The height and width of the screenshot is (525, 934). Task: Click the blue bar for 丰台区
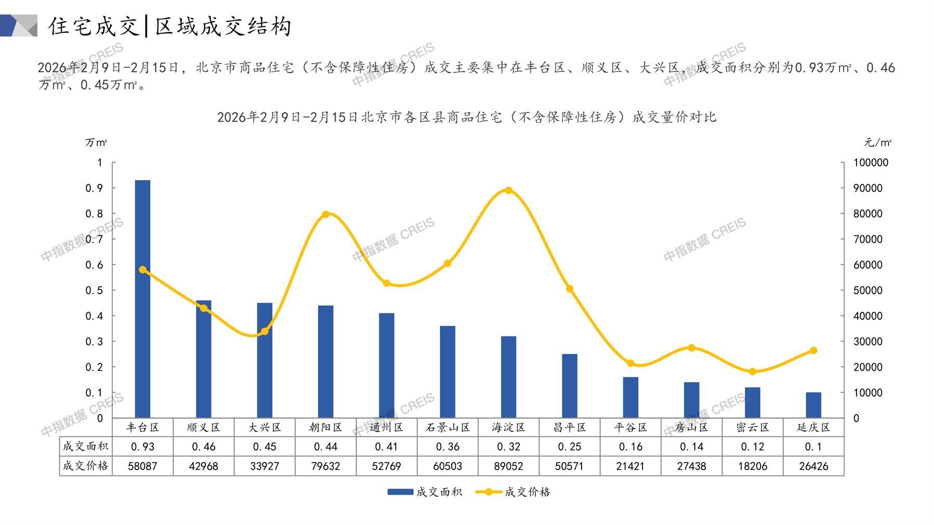(142, 299)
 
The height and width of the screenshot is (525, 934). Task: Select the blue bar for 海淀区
(508, 377)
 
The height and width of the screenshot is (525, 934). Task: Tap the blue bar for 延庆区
(813, 405)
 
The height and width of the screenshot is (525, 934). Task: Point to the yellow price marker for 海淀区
(508, 190)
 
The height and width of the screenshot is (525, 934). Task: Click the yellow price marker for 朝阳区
(326, 214)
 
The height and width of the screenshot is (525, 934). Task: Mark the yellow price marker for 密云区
(753, 372)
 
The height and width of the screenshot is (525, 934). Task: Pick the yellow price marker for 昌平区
(570, 289)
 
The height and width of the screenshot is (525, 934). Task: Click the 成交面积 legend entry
(425, 492)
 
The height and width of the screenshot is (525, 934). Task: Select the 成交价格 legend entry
(514, 492)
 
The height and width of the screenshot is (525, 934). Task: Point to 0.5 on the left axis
(94, 290)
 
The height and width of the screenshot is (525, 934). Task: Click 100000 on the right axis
(871, 163)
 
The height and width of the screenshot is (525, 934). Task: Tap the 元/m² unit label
(877, 142)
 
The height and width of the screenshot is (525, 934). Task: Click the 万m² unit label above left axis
(96, 142)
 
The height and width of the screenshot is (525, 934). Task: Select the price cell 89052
(508, 466)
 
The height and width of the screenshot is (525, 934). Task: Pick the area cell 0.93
(142, 447)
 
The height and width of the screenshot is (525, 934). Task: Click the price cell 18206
(753, 466)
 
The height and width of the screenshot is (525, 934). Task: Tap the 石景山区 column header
(448, 427)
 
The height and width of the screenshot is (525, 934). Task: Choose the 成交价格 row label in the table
(86, 466)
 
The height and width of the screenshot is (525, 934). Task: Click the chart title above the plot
(466, 117)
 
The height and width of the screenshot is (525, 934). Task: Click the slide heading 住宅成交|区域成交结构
(170, 26)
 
